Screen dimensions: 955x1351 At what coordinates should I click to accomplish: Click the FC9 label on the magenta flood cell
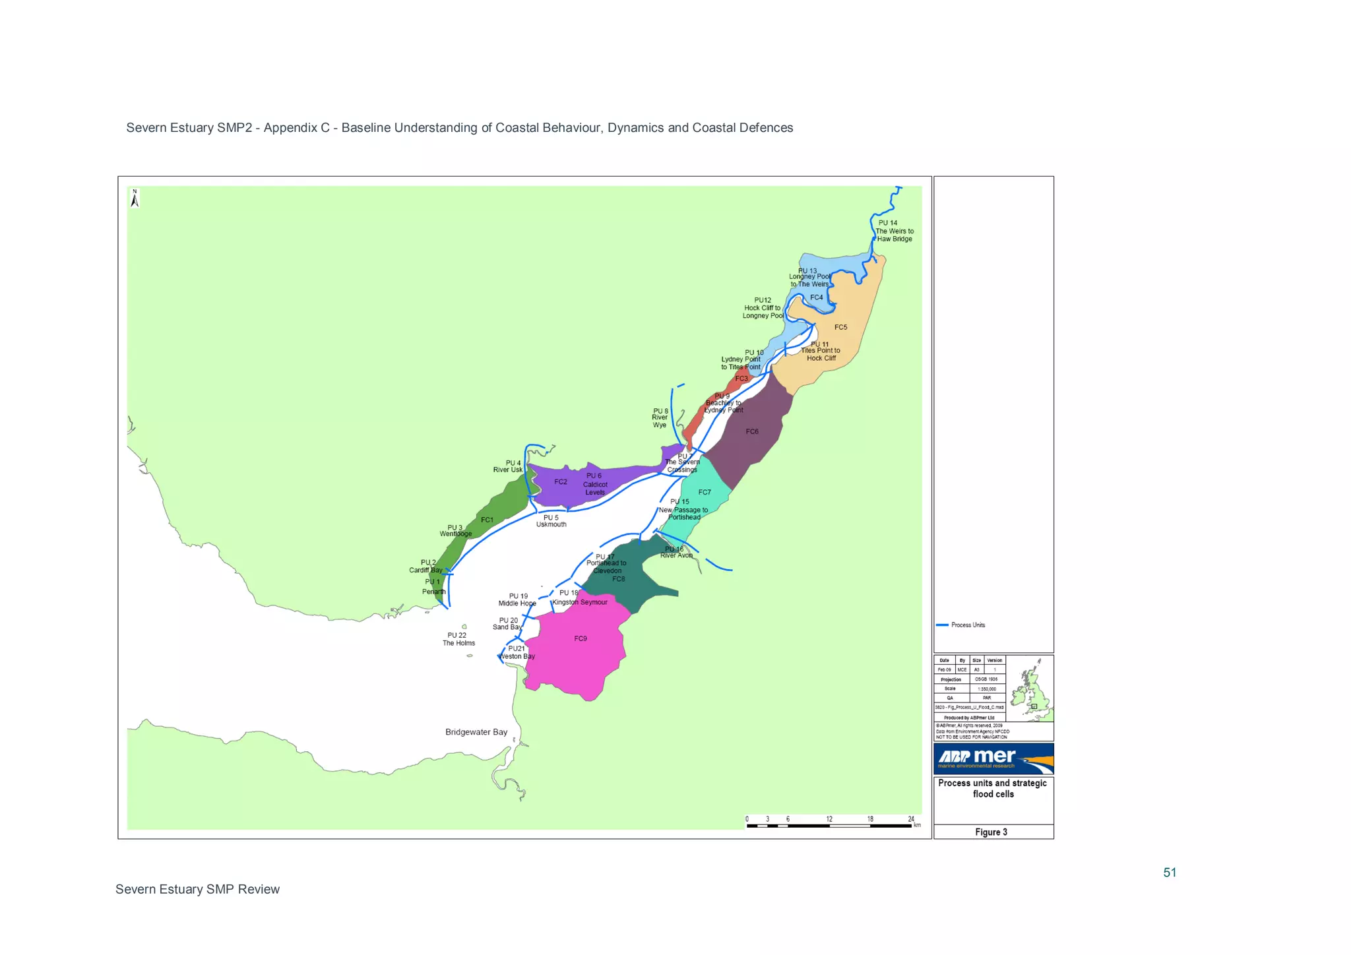click(580, 638)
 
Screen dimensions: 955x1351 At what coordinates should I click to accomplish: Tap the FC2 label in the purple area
click(560, 482)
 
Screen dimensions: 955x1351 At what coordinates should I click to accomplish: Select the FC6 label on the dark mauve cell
click(751, 432)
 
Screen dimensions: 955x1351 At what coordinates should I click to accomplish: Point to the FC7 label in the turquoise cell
click(705, 493)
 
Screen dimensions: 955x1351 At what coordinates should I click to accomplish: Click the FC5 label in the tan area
click(840, 328)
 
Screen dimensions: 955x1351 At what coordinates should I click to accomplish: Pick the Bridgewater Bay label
click(476, 732)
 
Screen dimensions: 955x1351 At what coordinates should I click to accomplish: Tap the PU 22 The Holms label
click(458, 639)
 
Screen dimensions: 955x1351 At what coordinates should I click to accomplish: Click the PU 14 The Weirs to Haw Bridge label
click(894, 231)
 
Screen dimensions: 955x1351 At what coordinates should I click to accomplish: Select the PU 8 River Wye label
click(660, 417)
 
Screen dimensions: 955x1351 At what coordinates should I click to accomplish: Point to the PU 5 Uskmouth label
click(551, 521)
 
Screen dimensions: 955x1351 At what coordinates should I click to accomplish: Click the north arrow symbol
click(135, 199)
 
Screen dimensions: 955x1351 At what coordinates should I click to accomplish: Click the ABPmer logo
click(993, 758)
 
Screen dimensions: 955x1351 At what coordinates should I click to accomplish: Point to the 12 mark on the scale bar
click(829, 819)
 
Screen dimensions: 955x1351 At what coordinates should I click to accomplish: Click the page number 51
click(1169, 873)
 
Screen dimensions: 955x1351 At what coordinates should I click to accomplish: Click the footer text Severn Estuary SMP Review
click(197, 889)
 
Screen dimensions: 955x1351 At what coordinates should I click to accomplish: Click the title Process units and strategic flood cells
click(992, 788)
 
